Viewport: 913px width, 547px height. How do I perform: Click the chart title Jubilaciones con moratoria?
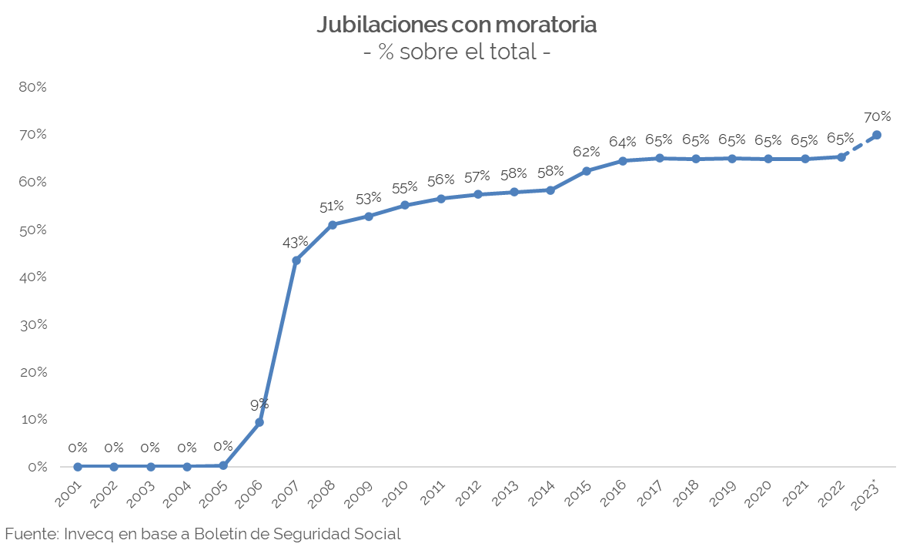(x=456, y=25)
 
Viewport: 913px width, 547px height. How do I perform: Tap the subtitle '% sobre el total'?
(x=456, y=52)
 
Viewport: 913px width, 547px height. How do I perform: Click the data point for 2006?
(x=259, y=422)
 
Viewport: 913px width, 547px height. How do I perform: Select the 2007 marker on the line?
(x=296, y=260)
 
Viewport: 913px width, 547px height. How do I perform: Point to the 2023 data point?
(x=877, y=135)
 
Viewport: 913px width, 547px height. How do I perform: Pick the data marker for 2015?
(x=587, y=171)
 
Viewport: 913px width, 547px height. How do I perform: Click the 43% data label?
(x=296, y=242)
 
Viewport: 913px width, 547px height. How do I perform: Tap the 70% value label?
(x=877, y=117)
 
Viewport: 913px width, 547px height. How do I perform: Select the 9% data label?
(x=259, y=404)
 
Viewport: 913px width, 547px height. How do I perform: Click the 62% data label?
(x=587, y=152)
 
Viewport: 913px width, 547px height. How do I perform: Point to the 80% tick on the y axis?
(x=32, y=87)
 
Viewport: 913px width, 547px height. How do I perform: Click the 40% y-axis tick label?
(x=32, y=277)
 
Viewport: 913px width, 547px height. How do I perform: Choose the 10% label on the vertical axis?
(x=32, y=420)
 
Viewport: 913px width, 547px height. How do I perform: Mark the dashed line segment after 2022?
(x=859, y=146)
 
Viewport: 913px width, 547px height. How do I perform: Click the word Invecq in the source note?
(x=87, y=533)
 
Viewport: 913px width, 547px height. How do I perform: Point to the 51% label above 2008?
(x=332, y=206)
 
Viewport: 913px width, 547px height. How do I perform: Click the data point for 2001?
(x=78, y=466)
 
